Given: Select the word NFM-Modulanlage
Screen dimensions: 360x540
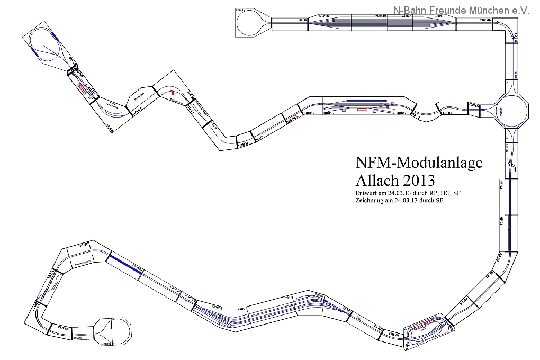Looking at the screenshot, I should [x=417, y=162].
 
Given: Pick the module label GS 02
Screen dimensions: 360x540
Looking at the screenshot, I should [x=447, y=113].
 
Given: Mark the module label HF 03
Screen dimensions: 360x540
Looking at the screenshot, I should [x=501, y=221].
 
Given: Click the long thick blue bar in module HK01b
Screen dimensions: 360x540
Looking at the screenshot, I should [x=367, y=100].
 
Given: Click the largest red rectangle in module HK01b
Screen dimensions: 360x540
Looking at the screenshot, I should [x=363, y=110].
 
